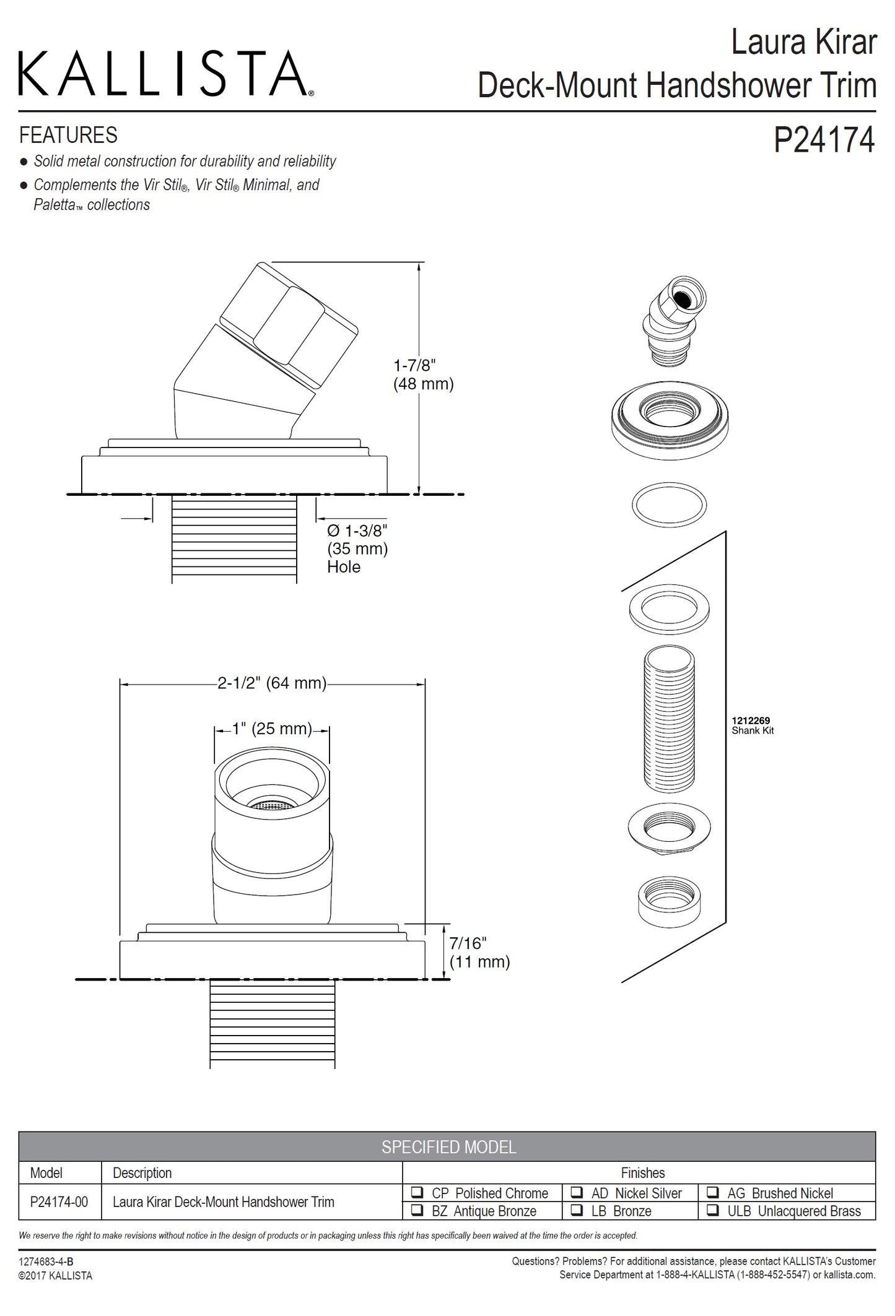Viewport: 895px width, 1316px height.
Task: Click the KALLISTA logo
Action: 165,74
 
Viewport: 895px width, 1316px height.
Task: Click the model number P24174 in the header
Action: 823,139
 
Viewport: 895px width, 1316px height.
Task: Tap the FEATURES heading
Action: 68,135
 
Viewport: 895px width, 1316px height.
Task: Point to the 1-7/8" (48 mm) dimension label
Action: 424,374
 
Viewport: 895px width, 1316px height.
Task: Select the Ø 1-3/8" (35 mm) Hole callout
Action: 357,548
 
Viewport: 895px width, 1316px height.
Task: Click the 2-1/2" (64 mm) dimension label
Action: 271,683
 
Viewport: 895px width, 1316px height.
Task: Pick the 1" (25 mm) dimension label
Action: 271,729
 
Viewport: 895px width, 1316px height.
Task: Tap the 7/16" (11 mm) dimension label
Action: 479,952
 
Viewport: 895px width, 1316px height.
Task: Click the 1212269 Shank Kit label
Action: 752,725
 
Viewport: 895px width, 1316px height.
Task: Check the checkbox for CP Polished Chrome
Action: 418,1192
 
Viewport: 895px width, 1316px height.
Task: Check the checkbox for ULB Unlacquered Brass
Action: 714,1210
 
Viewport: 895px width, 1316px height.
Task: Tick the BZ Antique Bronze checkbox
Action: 418,1210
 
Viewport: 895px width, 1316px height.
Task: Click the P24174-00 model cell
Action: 59,1201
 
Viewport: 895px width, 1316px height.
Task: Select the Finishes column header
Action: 642,1172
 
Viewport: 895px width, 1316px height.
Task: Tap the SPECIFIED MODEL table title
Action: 448,1146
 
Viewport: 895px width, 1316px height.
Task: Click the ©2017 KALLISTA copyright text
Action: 55,1275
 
